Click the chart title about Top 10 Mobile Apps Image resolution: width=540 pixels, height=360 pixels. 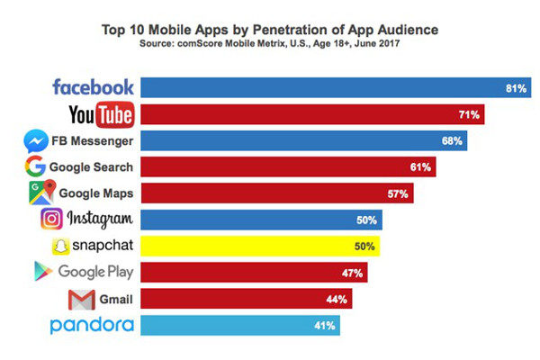click(270, 27)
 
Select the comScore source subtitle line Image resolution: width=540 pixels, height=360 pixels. click(270, 42)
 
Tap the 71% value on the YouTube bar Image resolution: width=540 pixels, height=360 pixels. click(470, 114)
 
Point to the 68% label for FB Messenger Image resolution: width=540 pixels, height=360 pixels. click(452, 140)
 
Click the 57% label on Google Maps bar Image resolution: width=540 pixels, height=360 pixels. click(399, 193)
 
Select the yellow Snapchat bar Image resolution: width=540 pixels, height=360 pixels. click(261, 246)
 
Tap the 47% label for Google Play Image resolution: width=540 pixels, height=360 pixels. click(352, 272)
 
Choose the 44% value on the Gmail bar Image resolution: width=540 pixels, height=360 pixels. click(337, 299)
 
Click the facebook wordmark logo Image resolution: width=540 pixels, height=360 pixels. click(93, 87)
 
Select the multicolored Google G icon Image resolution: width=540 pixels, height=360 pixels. click(35, 166)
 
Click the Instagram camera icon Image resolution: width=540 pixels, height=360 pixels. click(52, 219)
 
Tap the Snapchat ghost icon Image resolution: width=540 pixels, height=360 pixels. click(59, 246)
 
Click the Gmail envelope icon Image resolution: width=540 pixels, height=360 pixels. click(81, 299)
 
